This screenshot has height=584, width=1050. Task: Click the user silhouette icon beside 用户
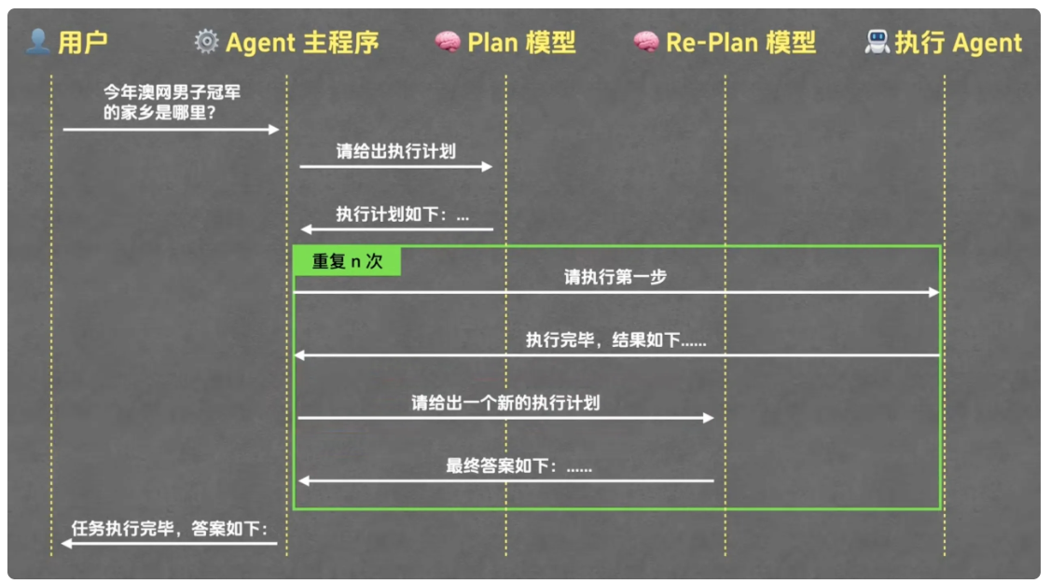point(38,41)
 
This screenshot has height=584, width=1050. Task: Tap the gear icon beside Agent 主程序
point(206,42)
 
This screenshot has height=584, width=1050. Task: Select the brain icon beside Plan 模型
point(448,42)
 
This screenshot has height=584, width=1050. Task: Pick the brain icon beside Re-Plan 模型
point(645,42)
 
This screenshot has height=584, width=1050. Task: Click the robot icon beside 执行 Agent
point(877,42)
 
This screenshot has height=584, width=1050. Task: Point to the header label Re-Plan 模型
point(740,42)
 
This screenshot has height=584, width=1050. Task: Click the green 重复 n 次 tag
point(347,261)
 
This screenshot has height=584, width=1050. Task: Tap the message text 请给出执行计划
point(396,150)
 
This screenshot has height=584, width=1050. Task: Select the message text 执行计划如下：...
point(403,214)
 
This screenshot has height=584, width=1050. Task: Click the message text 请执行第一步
point(615,277)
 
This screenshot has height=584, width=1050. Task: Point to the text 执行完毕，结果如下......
point(615,340)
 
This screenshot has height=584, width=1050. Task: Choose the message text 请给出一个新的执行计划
point(505,403)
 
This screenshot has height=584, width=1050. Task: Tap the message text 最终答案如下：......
point(518,466)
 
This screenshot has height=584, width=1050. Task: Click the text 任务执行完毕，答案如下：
point(170,528)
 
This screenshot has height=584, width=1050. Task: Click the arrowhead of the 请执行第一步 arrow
point(933,292)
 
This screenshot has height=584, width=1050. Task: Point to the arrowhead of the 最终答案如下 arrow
point(304,480)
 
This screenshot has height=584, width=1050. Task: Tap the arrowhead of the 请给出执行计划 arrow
point(487,166)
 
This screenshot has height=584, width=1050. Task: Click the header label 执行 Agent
point(958,42)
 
